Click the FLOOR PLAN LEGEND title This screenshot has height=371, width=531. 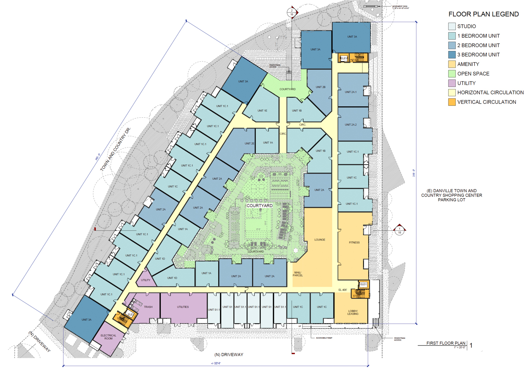483,14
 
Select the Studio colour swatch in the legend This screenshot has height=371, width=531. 452,26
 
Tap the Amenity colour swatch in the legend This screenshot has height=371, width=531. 452,64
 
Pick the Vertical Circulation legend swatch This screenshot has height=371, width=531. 452,102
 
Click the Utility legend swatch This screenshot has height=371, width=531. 452,83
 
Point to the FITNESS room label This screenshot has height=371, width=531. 354,243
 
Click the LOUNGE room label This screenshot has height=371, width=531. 320,240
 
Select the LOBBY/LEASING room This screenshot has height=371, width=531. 353,312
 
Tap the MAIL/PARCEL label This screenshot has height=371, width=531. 298,274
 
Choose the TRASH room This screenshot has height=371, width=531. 148,307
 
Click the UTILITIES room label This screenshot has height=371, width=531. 183,307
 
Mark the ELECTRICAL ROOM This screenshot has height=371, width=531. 108,337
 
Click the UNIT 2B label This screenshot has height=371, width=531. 320,87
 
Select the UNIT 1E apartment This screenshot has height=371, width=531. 262,111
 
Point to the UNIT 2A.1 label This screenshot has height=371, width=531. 350,92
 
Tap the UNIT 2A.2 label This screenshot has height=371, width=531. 350,125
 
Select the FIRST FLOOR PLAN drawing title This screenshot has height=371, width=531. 446,343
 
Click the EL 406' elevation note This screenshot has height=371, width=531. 342,290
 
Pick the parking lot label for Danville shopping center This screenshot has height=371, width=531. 451,195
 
